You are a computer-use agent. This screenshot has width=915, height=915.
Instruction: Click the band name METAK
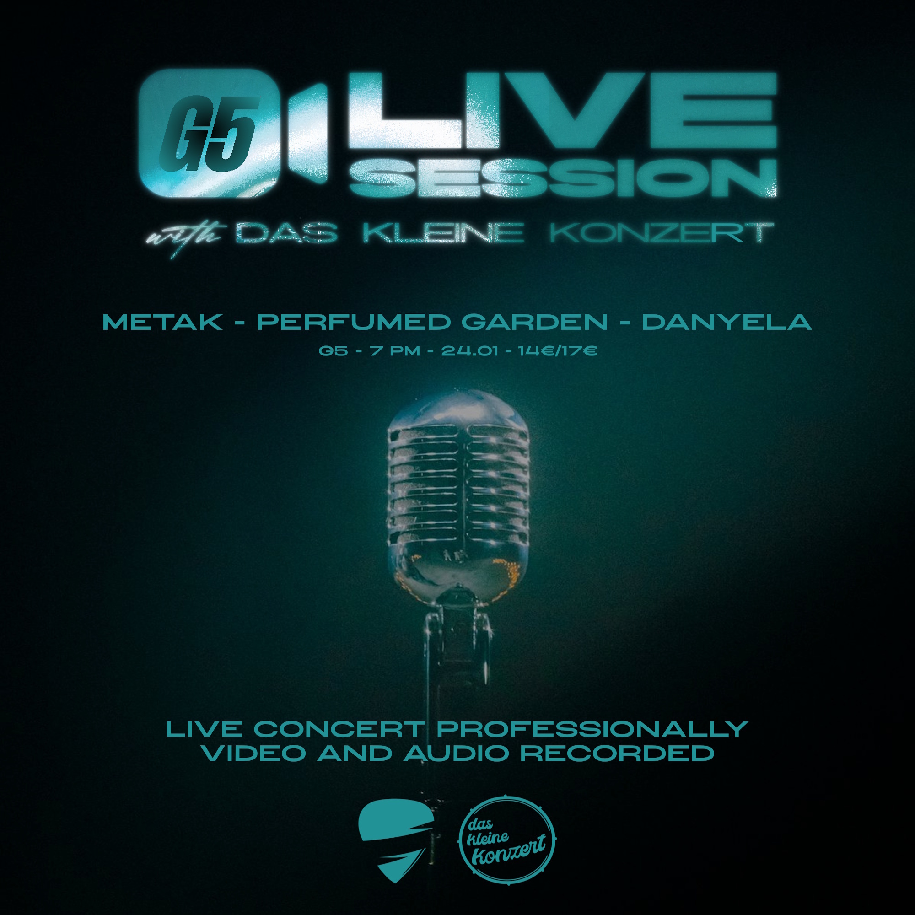click(163, 323)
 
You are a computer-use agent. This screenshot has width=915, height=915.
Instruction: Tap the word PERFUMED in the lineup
click(354, 323)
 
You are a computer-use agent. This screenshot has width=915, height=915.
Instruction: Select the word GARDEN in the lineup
click(535, 323)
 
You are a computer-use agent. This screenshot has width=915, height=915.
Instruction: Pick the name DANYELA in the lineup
click(727, 323)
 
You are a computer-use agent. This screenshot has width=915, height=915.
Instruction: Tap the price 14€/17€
click(557, 351)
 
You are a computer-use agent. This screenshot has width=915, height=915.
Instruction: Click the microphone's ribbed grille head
click(457, 488)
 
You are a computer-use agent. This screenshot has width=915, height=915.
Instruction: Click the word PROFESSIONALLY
click(592, 729)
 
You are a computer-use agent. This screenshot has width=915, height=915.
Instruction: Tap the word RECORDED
click(617, 754)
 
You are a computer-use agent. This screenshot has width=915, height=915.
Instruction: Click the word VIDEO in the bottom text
click(254, 754)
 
